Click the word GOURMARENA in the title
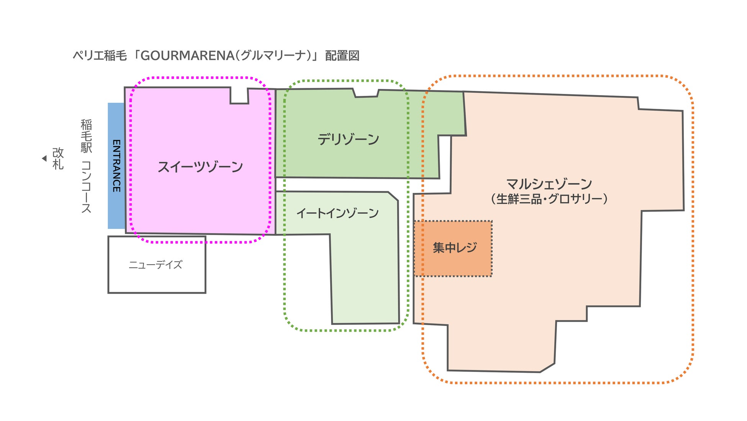click(187, 56)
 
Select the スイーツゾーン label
click(200, 167)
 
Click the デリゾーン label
click(348, 139)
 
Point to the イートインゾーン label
click(337, 213)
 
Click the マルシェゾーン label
click(549, 184)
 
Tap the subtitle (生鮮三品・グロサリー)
click(549, 199)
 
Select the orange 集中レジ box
click(454, 248)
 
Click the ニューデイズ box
click(156, 265)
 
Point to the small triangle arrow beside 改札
click(44, 158)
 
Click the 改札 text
click(58, 158)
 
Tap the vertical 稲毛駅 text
click(86, 136)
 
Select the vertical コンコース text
click(86, 187)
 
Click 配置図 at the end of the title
click(342, 56)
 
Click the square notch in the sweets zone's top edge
click(239, 95)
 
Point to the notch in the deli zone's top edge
click(366, 93)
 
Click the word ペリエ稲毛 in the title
click(100, 56)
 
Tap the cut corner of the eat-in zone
click(393, 196)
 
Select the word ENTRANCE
click(116, 166)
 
